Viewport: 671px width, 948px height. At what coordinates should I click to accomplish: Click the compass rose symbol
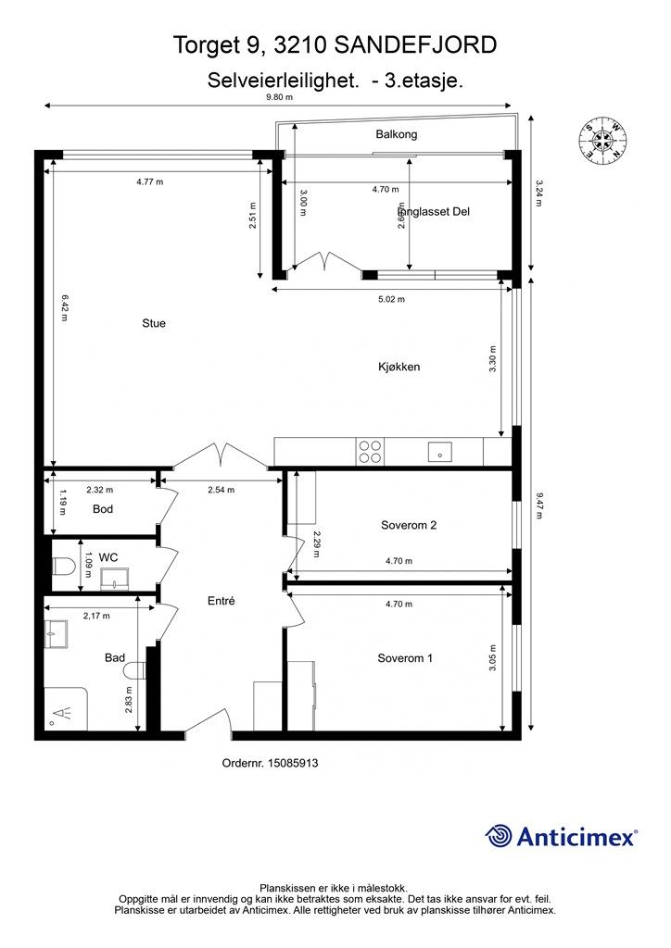pos(602,141)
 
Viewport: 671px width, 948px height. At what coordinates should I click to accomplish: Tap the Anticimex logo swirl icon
pos(500,836)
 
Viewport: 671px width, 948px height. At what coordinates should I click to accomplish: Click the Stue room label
pos(154,323)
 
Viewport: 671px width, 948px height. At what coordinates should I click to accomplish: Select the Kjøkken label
pos(399,367)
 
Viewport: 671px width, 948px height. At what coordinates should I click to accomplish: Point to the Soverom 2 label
pos(409,526)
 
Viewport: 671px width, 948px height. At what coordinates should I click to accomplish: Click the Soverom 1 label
pos(405,658)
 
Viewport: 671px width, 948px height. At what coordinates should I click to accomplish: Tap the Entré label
pos(221,601)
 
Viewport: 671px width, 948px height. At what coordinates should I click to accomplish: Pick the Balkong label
pos(397,134)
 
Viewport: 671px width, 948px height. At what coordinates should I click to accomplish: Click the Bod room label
pos(103,509)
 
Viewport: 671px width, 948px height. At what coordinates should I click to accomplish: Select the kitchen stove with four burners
pos(371,452)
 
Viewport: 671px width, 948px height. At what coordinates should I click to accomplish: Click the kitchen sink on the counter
pos(440,452)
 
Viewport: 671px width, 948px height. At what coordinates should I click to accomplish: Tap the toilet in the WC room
pos(63,567)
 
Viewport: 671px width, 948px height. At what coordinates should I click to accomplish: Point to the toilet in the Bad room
pos(134,670)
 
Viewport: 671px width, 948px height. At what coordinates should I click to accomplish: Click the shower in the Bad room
pos(66,708)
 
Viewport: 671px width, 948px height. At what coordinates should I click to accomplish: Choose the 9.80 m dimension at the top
pos(279,96)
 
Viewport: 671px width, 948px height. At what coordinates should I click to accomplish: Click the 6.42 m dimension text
pos(64,307)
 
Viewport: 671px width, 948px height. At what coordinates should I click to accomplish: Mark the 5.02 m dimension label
pos(391,299)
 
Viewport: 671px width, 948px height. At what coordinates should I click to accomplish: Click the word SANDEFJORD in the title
pos(415,45)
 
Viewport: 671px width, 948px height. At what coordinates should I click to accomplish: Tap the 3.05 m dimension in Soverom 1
pos(492,657)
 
